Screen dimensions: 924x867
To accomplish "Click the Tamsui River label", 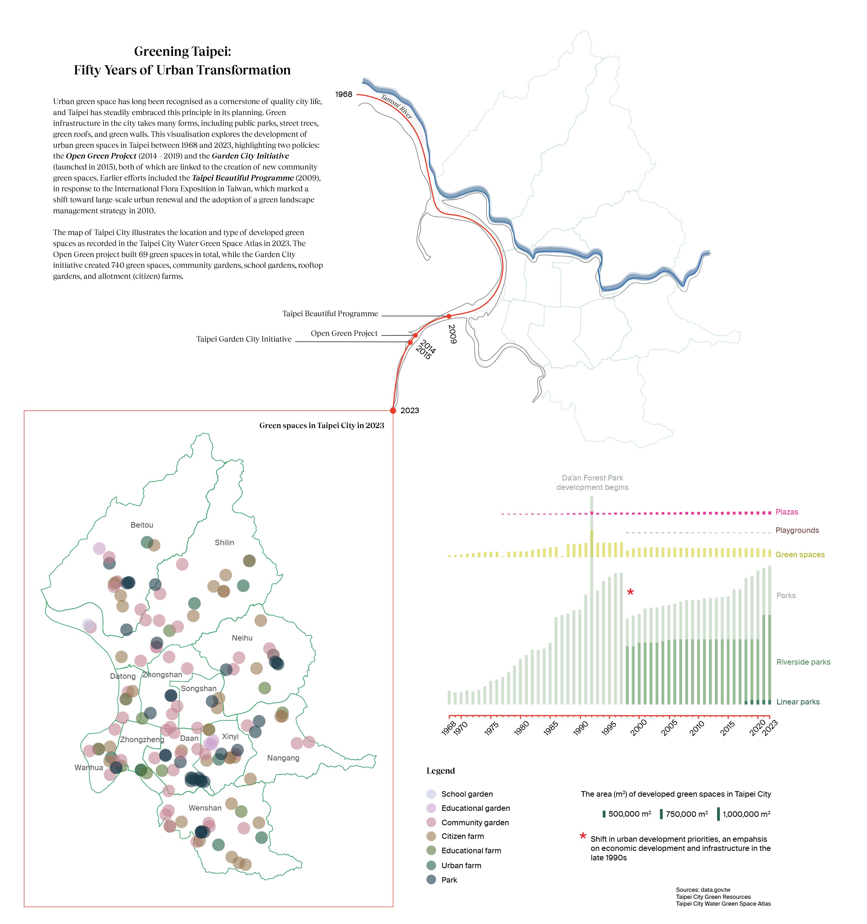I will (x=396, y=106).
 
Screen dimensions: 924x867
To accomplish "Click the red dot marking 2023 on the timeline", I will (x=393, y=411).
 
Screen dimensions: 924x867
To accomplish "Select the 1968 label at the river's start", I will (x=344, y=94).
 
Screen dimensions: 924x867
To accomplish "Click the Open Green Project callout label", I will (x=344, y=333).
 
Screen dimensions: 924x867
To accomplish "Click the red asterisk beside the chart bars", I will (x=630, y=592).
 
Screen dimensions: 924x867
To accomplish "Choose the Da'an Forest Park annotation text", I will (x=592, y=483).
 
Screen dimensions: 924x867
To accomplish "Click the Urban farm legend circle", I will (x=431, y=865).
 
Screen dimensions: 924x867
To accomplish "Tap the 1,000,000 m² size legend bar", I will (x=718, y=814).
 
